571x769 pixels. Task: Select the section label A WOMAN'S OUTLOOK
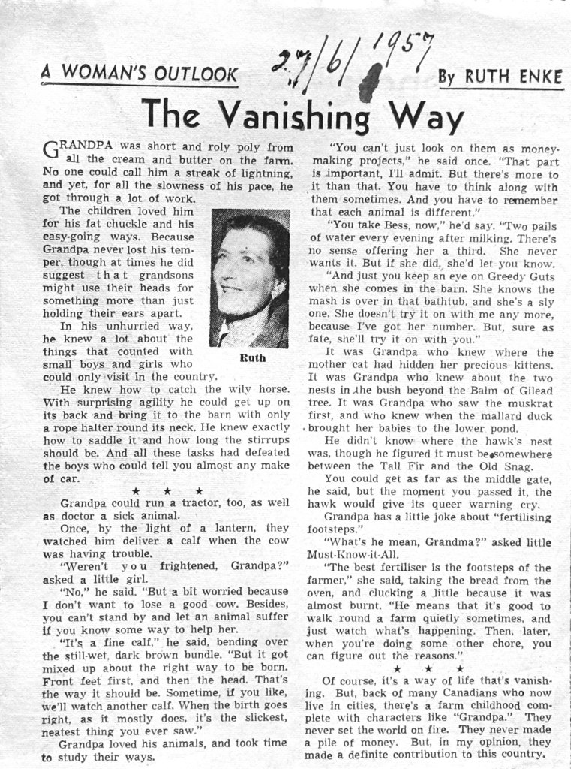pos(140,73)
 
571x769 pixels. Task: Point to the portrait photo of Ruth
pos(249,279)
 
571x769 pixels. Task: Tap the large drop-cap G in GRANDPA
pos(50,149)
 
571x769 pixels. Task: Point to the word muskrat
pos(530,403)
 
